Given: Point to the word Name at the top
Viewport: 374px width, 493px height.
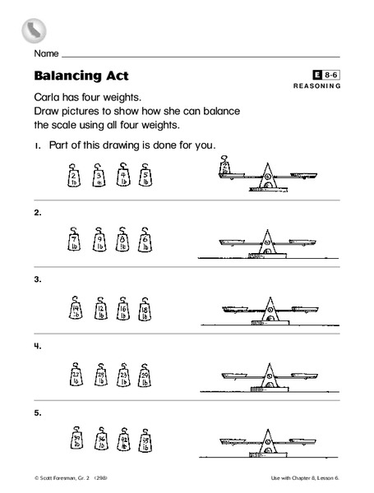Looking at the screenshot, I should tap(47, 53).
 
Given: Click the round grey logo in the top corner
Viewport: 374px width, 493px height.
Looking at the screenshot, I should tap(33, 30).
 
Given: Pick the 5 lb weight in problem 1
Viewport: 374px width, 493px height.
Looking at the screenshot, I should tap(145, 177).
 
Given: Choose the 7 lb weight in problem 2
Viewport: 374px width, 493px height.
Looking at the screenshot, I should tap(73, 241).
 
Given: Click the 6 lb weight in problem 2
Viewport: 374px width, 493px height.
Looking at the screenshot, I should tap(145, 241).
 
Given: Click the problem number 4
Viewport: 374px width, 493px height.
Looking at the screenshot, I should tap(38, 346).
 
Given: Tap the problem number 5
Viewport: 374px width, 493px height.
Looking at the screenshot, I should tap(38, 412).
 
